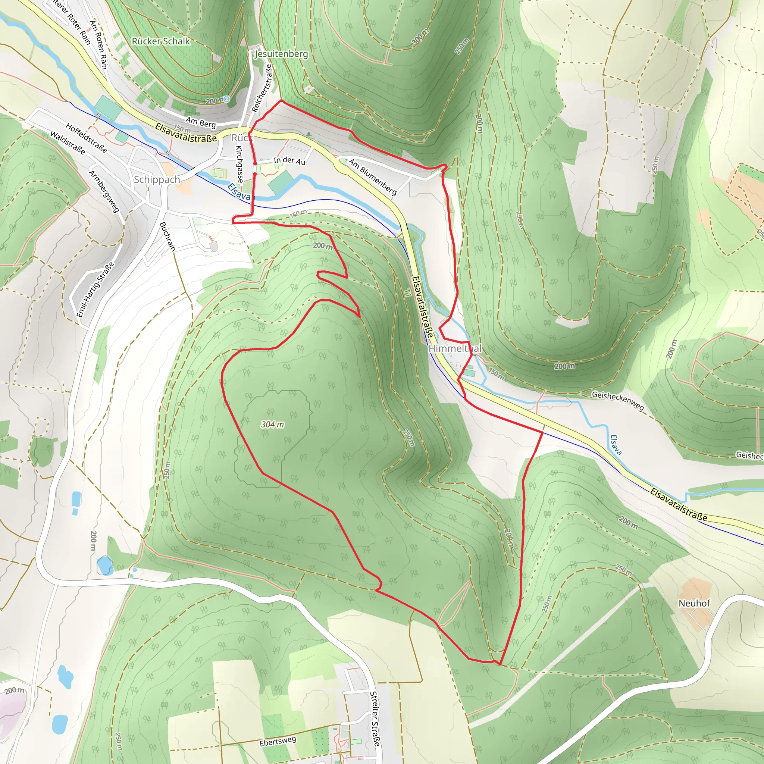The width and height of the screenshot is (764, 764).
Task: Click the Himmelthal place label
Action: [455, 348]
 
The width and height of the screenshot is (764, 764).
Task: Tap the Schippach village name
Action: [157, 179]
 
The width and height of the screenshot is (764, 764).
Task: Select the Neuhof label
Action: [694, 603]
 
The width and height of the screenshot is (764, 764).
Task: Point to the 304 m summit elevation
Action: [272, 424]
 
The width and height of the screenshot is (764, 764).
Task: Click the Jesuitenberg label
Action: [281, 53]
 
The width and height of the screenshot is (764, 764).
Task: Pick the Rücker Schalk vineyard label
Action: [160, 41]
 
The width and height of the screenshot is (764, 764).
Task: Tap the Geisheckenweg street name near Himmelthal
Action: [618, 400]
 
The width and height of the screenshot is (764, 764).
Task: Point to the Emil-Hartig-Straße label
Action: [95, 289]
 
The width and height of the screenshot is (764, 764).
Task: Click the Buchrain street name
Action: [167, 236]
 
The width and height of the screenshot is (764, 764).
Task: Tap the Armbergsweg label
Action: [104, 191]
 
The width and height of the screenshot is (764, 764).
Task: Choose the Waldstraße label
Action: [68, 143]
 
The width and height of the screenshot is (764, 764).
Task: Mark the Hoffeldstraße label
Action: [86, 138]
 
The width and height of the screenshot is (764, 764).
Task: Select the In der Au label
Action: [289, 160]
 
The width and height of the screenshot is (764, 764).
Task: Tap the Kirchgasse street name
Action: [239, 164]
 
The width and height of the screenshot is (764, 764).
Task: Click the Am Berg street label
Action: [201, 123]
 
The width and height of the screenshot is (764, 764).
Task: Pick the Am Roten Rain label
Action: [98, 45]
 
